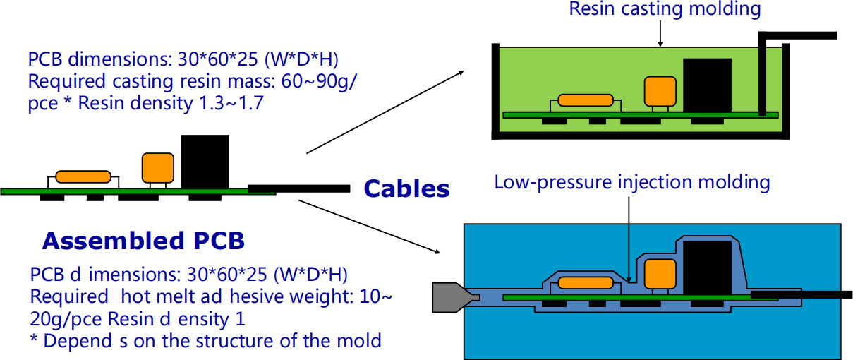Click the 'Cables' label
point(406,189)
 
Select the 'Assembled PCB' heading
point(143,241)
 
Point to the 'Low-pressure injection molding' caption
point(631,182)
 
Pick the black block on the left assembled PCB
point(205,161)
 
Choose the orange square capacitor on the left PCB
point(157,168)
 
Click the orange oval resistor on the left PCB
point(84,176)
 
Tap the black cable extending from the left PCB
point(300,188)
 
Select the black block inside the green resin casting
point(708,85)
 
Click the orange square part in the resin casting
point(660,91)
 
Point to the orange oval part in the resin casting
point(586,100)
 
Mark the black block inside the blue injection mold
point(708,268)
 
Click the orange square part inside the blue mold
point(660,275)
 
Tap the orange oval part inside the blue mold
point(586,284)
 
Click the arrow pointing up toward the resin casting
point(385,112)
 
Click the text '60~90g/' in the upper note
point(320,81)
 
